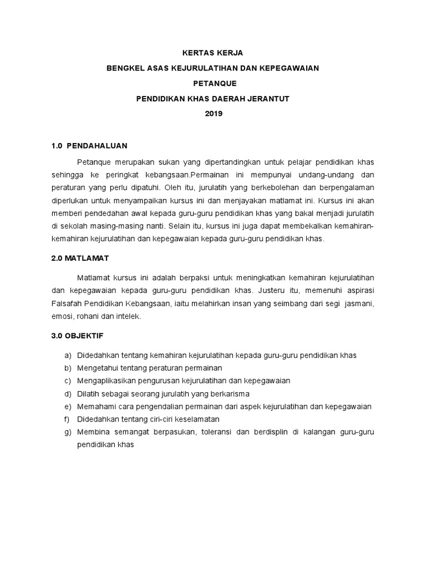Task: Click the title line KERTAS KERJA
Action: point(213,53)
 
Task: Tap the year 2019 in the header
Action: point(213,114)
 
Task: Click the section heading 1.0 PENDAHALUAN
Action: point(89,146)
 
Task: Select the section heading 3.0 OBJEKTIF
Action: point(77,336)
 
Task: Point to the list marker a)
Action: point(68,355)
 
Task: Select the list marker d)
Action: point(68,394)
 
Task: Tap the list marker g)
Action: point(68,432)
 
